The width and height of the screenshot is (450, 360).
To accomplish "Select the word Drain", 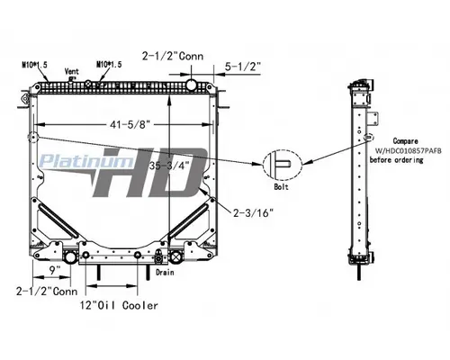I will (164, 271).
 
